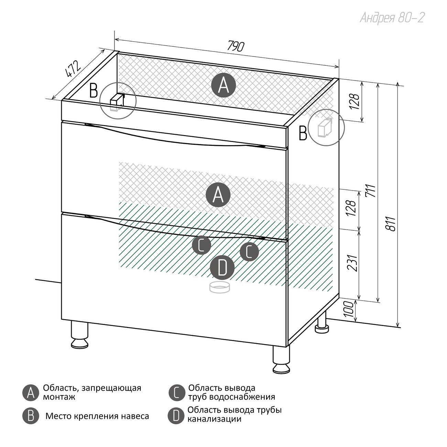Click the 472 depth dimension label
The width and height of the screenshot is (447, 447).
73,70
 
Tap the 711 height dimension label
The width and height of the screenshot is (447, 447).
371,191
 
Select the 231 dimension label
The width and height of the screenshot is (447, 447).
353,263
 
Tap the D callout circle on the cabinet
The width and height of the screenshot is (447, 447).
222,268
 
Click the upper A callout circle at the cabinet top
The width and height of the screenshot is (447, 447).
223,85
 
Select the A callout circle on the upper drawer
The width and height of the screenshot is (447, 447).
218,195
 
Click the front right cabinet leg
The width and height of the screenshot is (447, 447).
281,359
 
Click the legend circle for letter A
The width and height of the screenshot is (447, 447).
31,393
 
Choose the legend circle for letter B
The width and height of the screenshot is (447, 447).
31,416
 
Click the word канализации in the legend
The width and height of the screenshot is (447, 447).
214,419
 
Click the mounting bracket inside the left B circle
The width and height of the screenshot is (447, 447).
117,101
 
